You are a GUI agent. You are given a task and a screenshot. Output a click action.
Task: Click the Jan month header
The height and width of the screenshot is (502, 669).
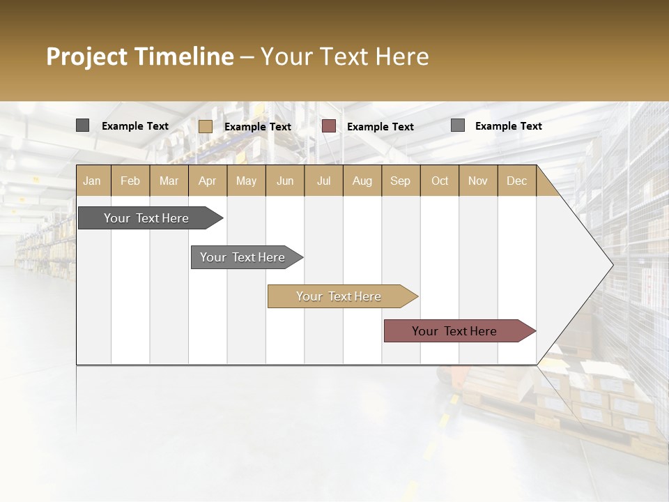(93, 181)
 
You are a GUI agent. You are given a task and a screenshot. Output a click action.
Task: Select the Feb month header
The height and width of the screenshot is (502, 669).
(130, 181)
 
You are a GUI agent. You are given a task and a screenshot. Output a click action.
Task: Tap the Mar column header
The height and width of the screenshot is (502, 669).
(169, 181)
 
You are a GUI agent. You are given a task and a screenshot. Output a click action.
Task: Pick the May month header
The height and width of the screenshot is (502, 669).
(246, 181)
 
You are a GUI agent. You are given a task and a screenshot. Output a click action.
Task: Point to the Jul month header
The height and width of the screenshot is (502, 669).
(323, 181)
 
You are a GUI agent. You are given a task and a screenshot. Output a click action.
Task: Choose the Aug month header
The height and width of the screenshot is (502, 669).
(362, 181)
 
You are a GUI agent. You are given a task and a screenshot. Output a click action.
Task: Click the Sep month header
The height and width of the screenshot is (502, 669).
(400, 181)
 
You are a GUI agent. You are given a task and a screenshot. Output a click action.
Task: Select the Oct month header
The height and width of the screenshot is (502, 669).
(440, 181)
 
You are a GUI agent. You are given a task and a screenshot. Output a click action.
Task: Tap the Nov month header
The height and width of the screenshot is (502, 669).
(478, 181)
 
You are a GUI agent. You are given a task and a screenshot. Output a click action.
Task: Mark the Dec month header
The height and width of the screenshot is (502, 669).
(516, 181)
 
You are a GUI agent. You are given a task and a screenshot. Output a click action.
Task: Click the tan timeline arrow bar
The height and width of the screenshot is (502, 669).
(339, 296)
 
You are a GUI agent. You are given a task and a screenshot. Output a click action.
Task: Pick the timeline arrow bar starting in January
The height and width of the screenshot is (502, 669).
(147, 218)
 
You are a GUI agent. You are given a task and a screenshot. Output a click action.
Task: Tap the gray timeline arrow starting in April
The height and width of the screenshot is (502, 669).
(243, 257)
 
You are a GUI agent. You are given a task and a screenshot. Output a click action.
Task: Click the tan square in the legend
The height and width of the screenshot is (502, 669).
(206, 126)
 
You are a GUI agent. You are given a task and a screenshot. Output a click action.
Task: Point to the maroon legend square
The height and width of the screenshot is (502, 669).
(329, 126)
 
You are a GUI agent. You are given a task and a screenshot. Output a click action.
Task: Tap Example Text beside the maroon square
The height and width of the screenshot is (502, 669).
(380, 127)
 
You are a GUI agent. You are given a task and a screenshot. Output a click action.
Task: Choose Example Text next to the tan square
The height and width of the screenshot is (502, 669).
(258, 127)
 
